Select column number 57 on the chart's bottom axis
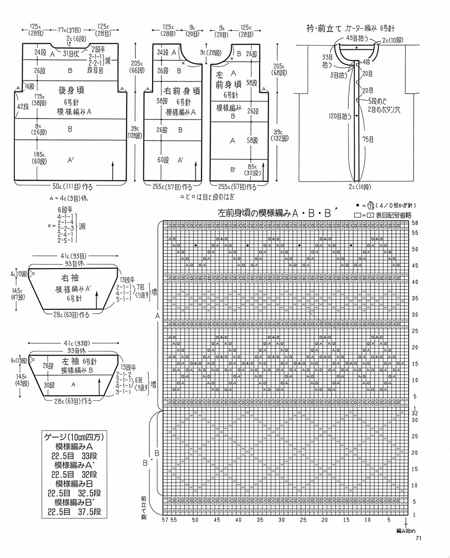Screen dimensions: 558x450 pyautogui.click(x=165, y=519)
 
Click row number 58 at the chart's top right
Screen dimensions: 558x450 pyautogui.click(x=415, y=223)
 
